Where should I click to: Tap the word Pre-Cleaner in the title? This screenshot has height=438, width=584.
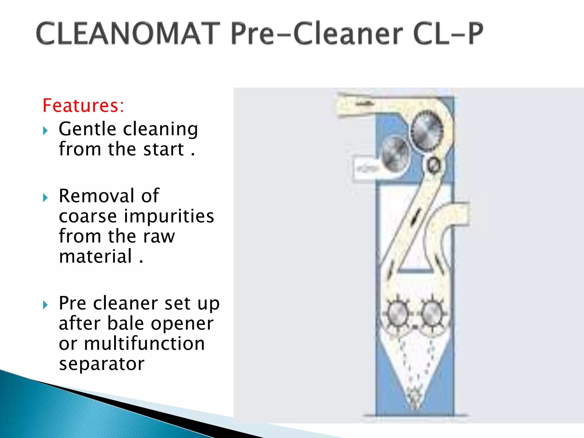click(x=317, y=34)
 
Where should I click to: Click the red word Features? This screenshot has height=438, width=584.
click(x=83, y=106)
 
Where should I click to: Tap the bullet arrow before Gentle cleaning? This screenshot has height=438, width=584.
click(x=45, y=131)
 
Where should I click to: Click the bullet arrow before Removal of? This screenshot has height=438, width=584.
click(x=45, y=198)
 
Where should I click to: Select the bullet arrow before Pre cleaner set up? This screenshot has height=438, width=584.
click(x=45, y=305)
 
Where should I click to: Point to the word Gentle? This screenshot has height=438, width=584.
click(x=87, y=129)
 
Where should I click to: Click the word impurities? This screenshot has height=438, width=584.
click(x=169, y=216)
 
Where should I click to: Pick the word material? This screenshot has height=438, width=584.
click(x=96, y=256)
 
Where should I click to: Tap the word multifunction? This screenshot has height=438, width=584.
click(x=144, y=344)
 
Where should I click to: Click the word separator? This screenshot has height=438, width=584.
click(x=102, y=364)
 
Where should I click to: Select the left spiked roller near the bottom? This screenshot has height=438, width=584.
click(x=397, y=314)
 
